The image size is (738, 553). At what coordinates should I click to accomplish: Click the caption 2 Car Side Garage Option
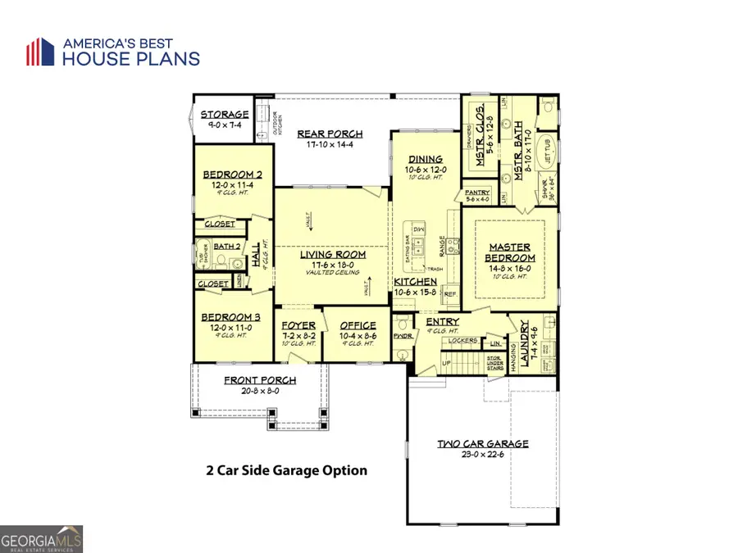[x=286, y=470]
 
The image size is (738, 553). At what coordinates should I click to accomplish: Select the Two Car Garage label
[x=482, y=443]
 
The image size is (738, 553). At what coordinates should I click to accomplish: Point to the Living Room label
[x=332, y=254]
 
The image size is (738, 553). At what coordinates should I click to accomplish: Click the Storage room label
[x=225, y=115]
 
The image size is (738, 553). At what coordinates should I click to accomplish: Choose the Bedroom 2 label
[x=232, y=175]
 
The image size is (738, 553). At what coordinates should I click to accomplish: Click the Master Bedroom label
[x=510, y=252]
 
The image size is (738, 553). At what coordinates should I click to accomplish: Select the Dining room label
[x=425, y=160]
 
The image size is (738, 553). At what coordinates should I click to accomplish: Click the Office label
[x=358, y=325]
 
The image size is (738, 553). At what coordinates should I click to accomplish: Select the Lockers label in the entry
[x=462, y=338]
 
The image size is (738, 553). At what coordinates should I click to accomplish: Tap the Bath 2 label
[x=227, y=246]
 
